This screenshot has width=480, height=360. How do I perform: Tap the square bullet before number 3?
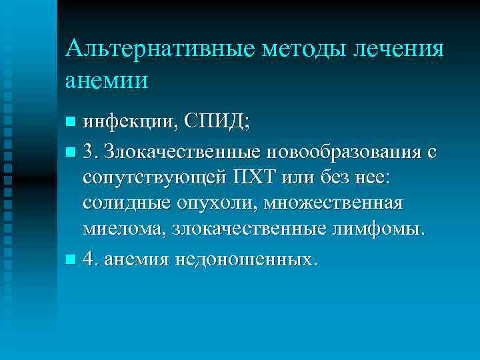71,153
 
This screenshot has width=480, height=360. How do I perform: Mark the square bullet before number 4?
71,259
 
